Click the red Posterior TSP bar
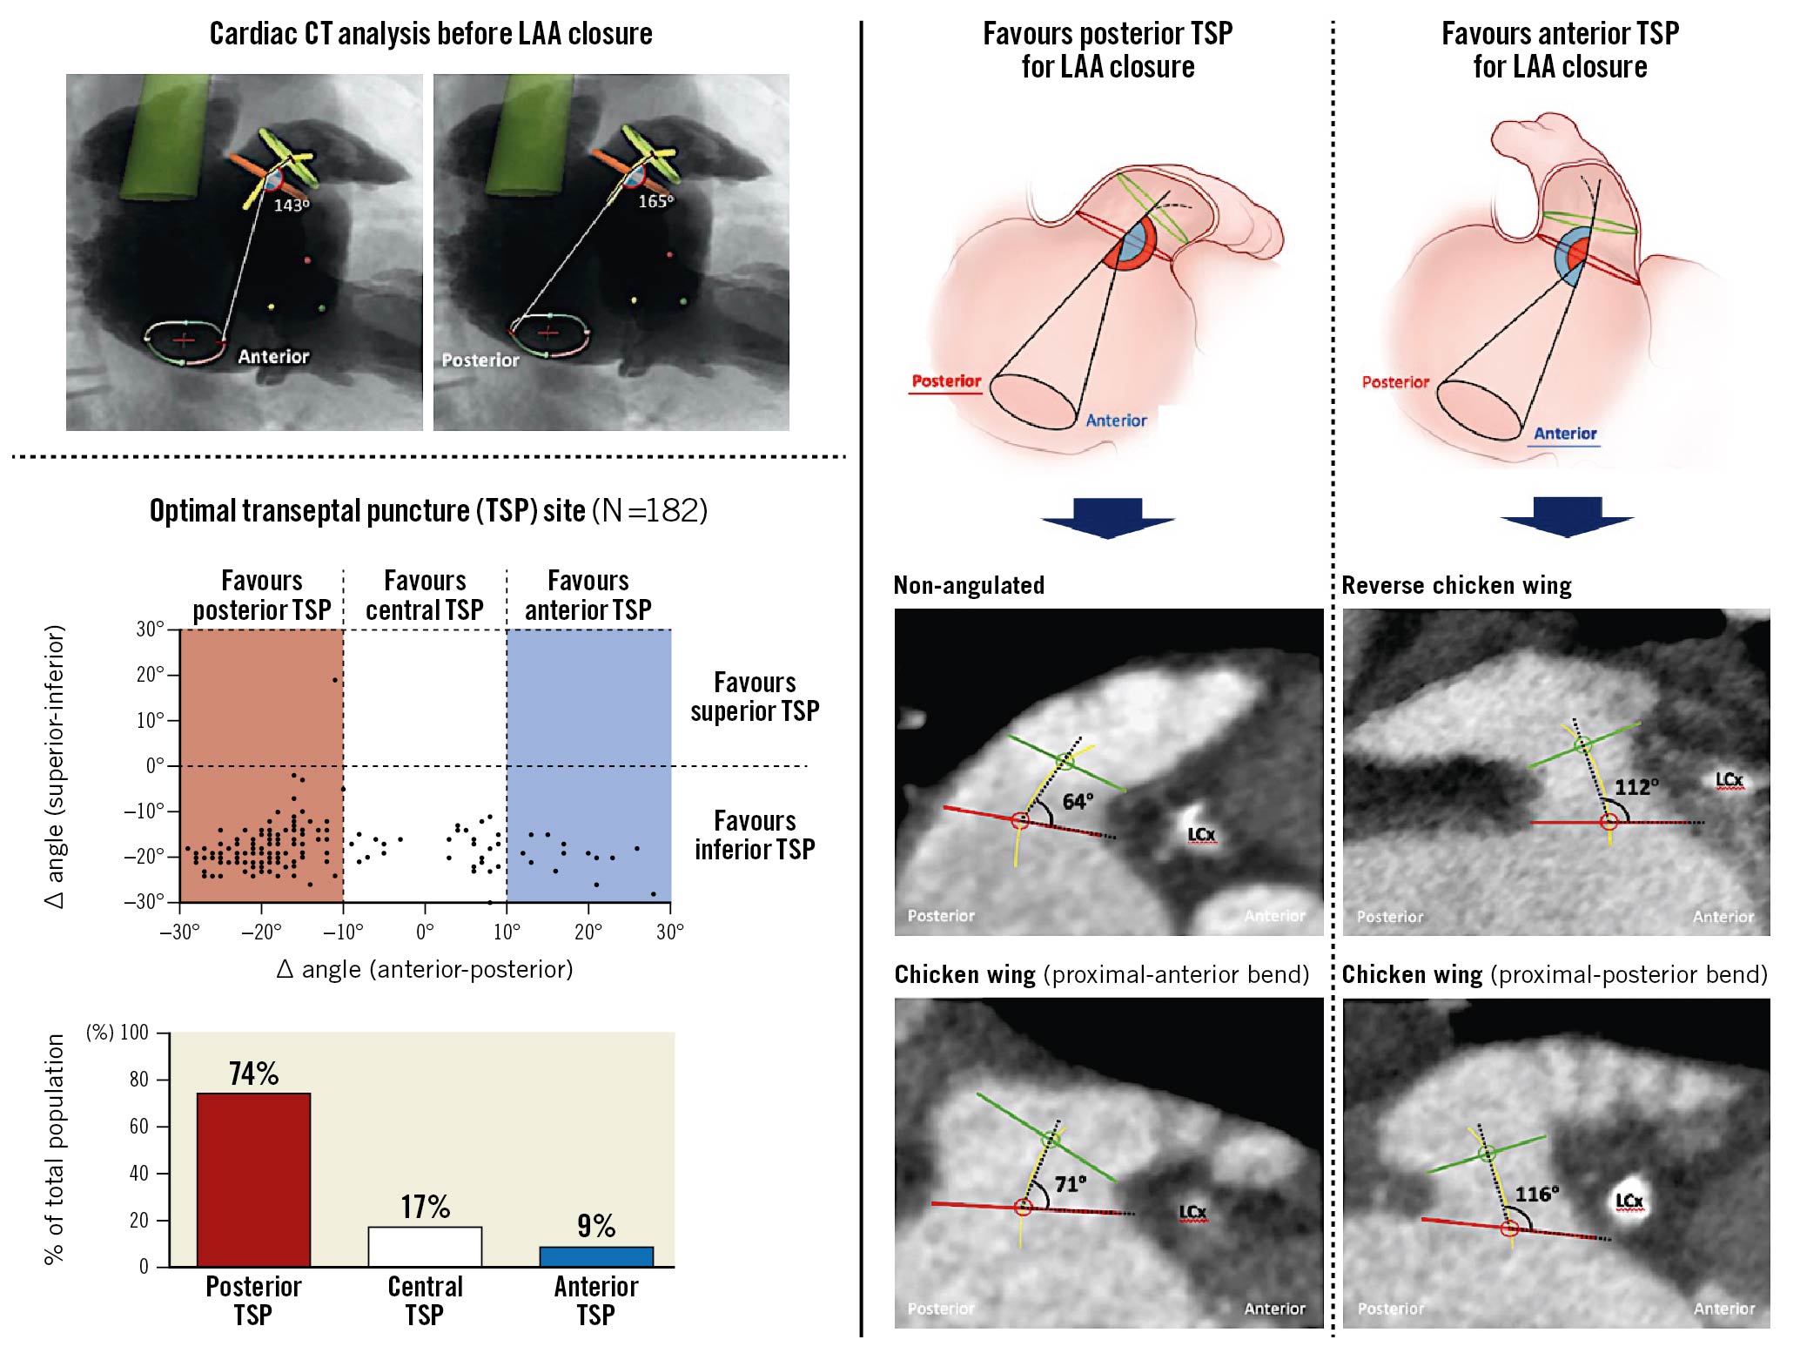tap(253, 1179)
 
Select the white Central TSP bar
tap(425, 1246)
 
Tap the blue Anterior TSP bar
tap(596, 1256)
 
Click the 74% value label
tap(253, 1074)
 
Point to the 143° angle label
tap(292, 205)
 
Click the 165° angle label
tap(655, 201)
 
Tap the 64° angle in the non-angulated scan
tap(1078, 802)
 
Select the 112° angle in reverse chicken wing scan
tap(1636, 787)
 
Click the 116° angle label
tap(1537, 1194)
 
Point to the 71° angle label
tap(1071, 1184)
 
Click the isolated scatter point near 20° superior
tap(335, 680)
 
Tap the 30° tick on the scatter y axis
tap(151, 629)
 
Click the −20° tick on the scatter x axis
tap(261, 932)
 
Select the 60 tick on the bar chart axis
tap(139, 1127)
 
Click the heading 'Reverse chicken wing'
tap(1456, 585)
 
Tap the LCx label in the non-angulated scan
tap(1201, 834)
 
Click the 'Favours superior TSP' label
tap(755, 697)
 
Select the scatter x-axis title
tap(425, 969)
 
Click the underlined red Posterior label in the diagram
tap(946, 380)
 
